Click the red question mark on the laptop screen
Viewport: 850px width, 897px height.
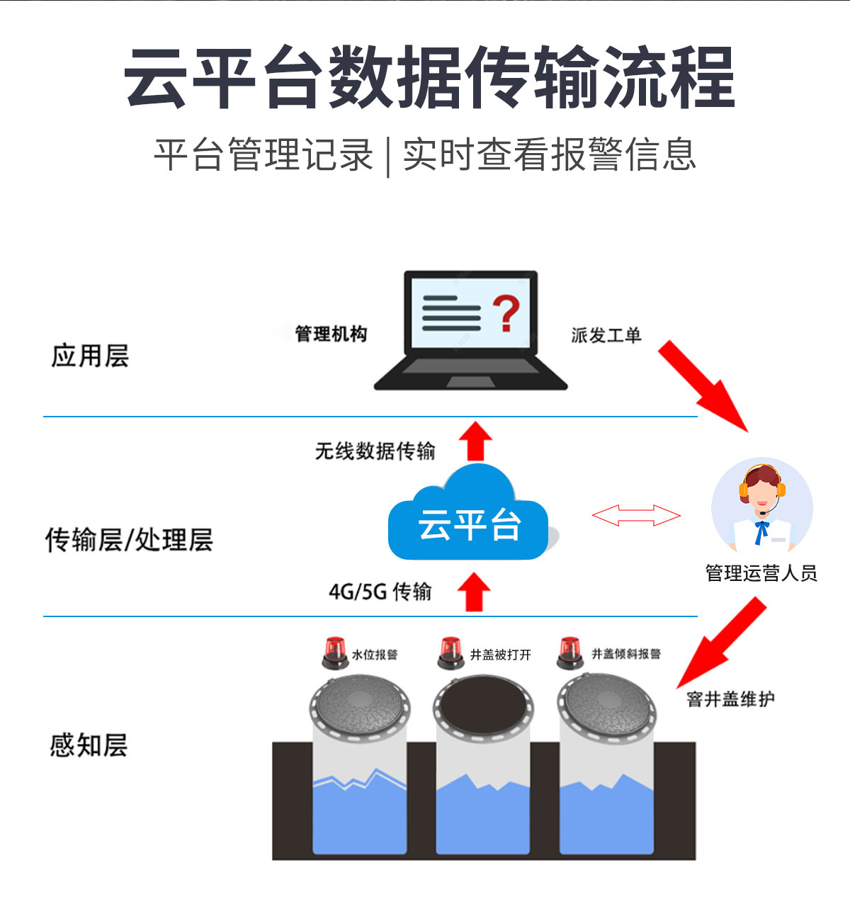(506, 314)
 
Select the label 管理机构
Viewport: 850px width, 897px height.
(331, 334)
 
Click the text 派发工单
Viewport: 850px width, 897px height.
(606, 335)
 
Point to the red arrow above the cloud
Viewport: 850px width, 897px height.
(475, 441)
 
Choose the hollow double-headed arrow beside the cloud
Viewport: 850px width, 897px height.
(636, 515)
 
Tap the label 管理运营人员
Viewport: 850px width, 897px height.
(761, 572)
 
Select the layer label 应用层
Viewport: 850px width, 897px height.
(90, 356)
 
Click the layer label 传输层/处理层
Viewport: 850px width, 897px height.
(129, 540)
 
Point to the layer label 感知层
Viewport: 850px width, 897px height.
(89, 745)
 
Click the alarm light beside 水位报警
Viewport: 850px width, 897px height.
(334, 653)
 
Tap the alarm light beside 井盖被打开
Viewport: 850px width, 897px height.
(450, 653)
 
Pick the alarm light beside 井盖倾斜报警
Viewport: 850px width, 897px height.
(569, 653)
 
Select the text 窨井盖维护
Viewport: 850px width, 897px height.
(730, 699)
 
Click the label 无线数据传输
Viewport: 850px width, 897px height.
(375, 451)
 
